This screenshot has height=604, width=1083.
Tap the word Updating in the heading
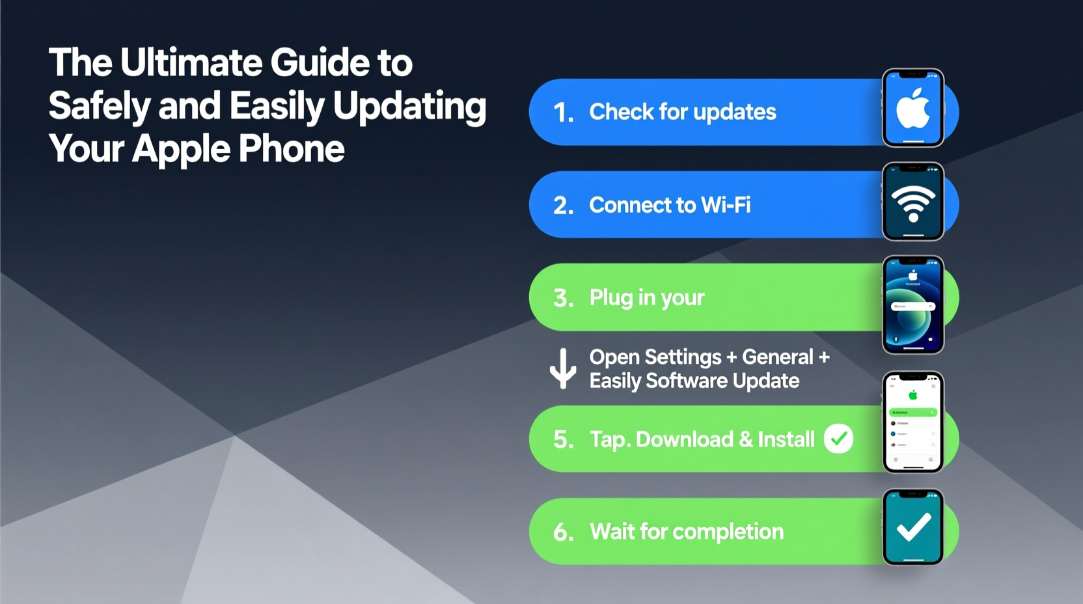point(409,106)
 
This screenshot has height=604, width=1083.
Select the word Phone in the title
point(291,149)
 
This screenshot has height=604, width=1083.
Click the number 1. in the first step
point(564,113)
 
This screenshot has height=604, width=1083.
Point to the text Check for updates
point(682,112)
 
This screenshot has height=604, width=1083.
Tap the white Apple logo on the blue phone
point(912,109)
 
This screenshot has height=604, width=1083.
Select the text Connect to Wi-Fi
point(670,205)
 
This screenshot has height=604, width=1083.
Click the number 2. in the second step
point(564,206)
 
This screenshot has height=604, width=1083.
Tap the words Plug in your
point(646,297)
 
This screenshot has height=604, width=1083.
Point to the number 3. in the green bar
point(564,299)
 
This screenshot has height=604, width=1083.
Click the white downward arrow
point(563,368)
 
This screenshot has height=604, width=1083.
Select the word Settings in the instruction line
point(683,357)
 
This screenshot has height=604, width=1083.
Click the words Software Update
point(722,381)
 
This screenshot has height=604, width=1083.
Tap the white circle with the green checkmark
point(838,439)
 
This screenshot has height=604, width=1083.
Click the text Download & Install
point(724,439)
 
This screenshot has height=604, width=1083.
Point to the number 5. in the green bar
point(564,440)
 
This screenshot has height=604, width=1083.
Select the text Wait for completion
point(686,532)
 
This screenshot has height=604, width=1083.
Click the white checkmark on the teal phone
point(913,527)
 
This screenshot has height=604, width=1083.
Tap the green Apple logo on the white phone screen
point(913,394)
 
